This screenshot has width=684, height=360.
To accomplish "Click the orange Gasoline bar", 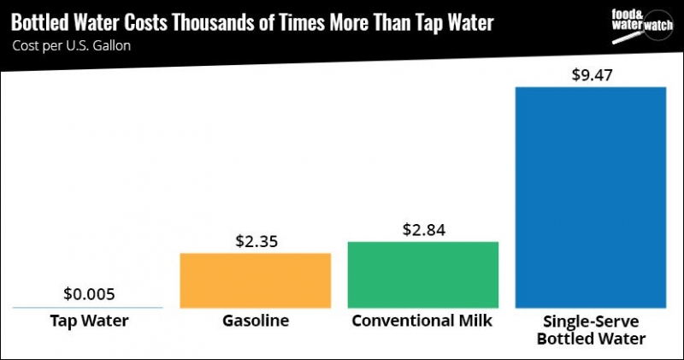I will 255,280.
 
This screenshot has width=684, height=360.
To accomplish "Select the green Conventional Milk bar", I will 422,274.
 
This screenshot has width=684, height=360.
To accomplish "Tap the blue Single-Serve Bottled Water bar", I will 590,197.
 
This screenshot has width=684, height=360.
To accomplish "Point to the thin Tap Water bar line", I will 88,307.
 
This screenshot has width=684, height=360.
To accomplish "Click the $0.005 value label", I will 89,294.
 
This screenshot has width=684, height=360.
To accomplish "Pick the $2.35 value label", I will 255,241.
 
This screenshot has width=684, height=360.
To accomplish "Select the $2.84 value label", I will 422,229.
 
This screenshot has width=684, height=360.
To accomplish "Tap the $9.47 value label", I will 590,74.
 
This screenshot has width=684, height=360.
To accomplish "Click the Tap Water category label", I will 89,322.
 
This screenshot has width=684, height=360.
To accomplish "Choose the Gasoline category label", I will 255,322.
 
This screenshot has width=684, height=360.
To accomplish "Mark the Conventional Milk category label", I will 422,322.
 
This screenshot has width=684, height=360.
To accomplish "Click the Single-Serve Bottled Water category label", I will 590,331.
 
